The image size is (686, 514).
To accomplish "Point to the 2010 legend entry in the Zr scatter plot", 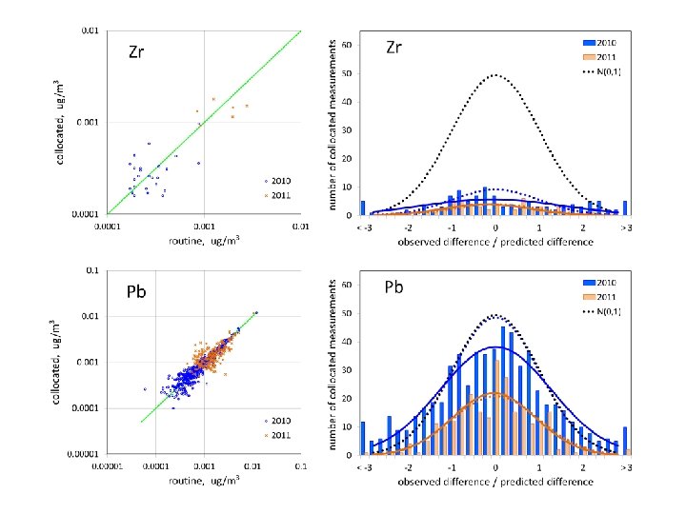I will pos(280,181).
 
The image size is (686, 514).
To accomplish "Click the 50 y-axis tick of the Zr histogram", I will pos(349,73).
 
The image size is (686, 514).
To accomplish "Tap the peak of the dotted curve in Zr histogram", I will pos(495,74).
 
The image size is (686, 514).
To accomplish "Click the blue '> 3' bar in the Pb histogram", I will pos(625,441).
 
